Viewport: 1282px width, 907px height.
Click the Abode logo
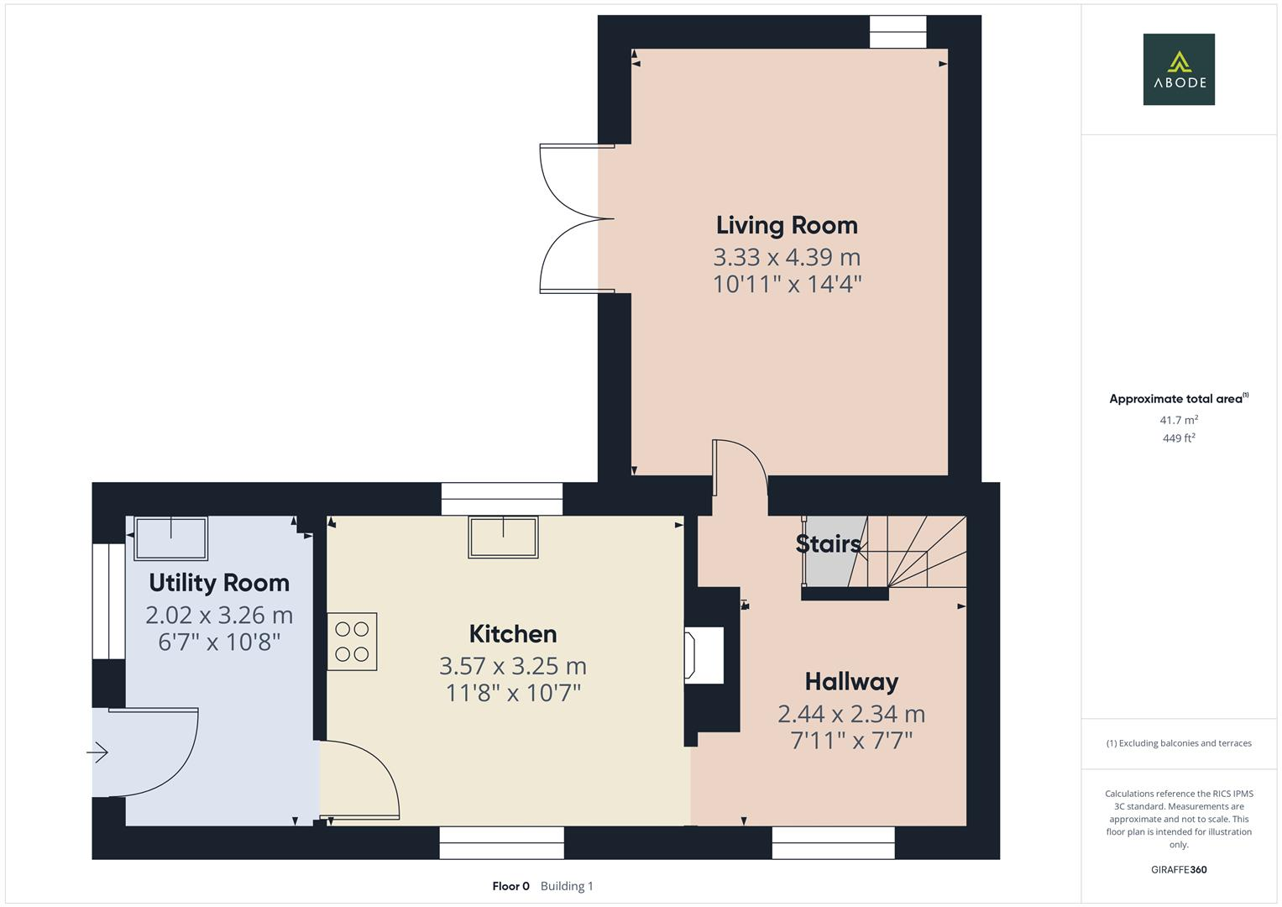[x=1178, y=69]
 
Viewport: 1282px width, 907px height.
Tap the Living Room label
[x=787, y=225]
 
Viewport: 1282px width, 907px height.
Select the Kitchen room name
[x=512, y=634]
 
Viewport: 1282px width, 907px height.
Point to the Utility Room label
[x=219, y=583]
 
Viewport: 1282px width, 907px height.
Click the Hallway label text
[x=851, y=682]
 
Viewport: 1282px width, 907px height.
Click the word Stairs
[x=828, y=544]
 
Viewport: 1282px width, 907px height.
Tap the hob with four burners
[x=352, y=642]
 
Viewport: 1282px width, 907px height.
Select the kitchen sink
[x=503, y=537]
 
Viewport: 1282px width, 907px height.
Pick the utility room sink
[x=171, y=538]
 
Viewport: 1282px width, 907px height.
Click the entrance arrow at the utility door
[x=98, y=752]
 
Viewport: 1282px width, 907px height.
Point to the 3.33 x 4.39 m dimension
[x=787, y=257]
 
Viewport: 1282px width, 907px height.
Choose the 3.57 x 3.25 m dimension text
[x=512, y=666]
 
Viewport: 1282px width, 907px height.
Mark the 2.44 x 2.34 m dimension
[x=851, y=714]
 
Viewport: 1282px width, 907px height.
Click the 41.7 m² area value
[x=1178, y=420]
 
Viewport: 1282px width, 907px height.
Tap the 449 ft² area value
[x=1178, y=438]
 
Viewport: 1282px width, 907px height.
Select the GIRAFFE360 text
[x=1178, y=870]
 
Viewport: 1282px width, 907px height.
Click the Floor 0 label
[x=510, y=886]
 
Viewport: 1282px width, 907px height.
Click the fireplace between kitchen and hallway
[x=705, y=656]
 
